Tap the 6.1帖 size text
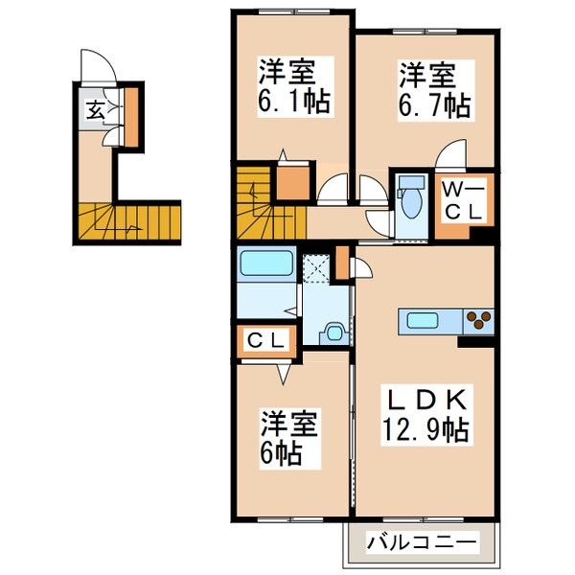[x=294, y=101]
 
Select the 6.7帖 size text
[x=435, y=103]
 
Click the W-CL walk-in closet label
[x=463, y=203]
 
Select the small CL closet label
[x=266, y=339]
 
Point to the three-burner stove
[x=477, y=320]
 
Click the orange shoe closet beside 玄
[x=130, y=113]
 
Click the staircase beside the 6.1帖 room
[x=253, y=201]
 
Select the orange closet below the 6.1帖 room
[x=292, y=182]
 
